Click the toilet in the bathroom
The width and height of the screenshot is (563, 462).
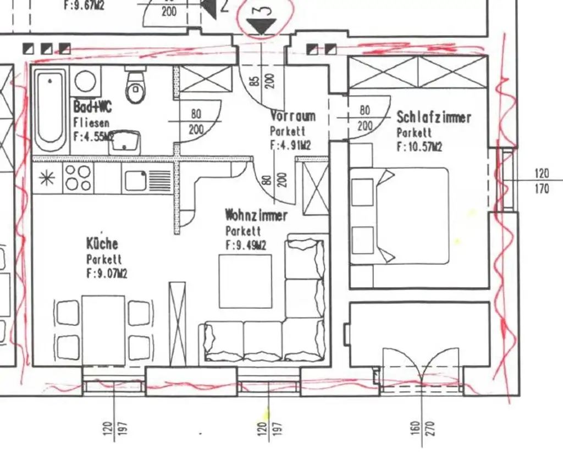tap(135, 88)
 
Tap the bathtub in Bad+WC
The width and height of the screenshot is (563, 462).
tap(51, 110)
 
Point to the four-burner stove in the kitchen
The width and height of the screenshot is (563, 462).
tap(78, 177)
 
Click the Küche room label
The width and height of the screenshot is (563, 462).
tap(102, 243)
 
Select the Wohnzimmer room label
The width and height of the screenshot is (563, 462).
tap(256, 215)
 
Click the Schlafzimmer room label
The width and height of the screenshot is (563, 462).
tap(434, 117)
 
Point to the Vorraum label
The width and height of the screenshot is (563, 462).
tap(292, 116)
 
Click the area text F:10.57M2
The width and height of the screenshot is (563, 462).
tap(420, 147)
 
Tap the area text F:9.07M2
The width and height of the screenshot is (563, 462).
tap(107, 273)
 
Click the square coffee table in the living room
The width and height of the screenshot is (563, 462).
tap(245, 281)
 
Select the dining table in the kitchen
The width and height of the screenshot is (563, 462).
tap(103, 330)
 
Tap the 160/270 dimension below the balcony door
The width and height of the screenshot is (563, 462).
tap(422, 427)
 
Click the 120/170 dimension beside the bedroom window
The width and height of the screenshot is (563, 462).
tap(542, 181)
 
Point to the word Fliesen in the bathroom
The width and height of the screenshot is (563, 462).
tap(91, 123)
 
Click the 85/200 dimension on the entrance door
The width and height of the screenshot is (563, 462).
tap(262, 81)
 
